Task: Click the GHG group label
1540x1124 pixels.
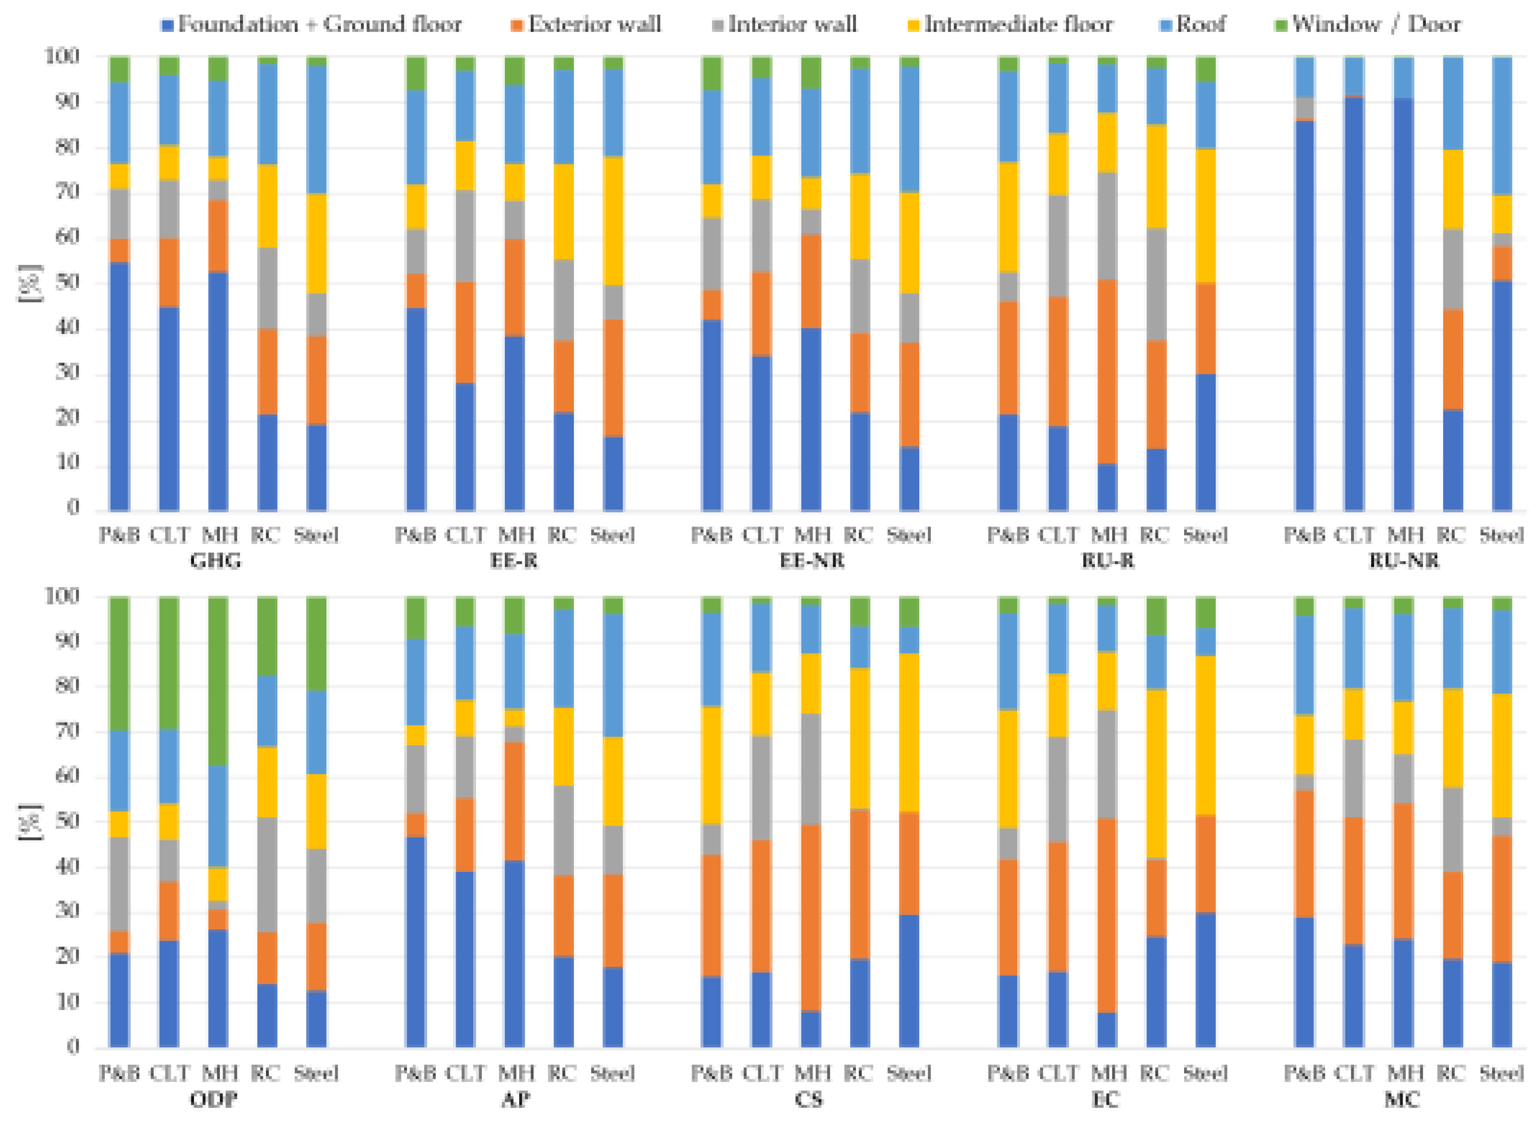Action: pyautogui.click(x=216, y=562)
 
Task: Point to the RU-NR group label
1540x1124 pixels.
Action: pyautogui.click(x=1403, y=562)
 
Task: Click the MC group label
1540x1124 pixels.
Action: pyautogui.click(x=1402, y=1100)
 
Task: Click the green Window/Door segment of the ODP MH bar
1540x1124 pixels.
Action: pyautogui.click(x=218, y=680)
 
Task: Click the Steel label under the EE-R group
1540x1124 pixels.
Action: pyautogui.click(x=612, y=535)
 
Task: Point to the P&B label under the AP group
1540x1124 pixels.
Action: pyautogui.click(x=415, y=1074)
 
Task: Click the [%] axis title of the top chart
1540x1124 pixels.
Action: pyautogui.click(x=30, y=283)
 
